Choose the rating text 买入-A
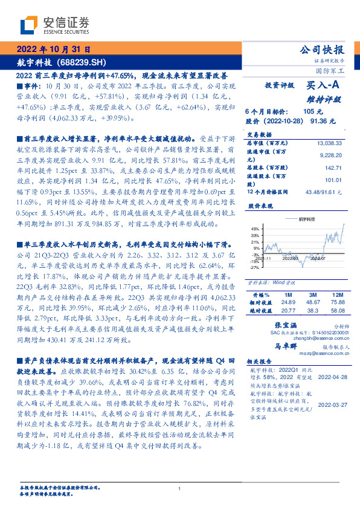tap(324, 86)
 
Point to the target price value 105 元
tap(313, 112)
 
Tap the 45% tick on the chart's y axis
tap(255, 229)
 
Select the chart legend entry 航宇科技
tap(307, 220)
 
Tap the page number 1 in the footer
tap(180, 488)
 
